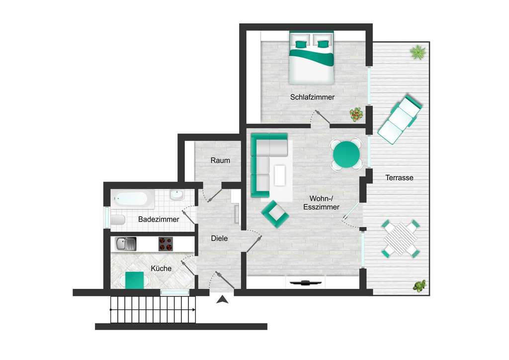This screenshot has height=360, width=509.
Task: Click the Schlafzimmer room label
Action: click(x=312, y=97)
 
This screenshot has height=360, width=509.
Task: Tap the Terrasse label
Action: click(x=399, y=178)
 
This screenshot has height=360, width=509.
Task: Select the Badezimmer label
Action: click(x=159, y=219)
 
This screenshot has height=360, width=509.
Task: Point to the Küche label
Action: click(x=161, y=269)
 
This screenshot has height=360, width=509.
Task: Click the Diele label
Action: click(x=219, y=239)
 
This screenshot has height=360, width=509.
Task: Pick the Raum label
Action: click(x=220, y=161)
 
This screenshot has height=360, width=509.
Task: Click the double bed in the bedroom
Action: click(x=312, y=57)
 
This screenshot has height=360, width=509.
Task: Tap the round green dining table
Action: click(x=346, y=154)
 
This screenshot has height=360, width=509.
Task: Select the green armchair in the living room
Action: click(x=275, y=213)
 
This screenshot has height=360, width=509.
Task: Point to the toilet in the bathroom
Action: click(x=117, y=220)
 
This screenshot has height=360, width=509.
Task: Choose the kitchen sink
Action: click(x=126, y=244)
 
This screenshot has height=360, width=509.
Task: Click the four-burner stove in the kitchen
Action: click(x=166, y=244)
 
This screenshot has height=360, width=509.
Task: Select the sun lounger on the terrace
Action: click(x=400, y=119)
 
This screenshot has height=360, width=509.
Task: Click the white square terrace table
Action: click(x=400, y=239)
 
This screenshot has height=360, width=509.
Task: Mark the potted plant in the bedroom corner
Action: click(x=356, y=115)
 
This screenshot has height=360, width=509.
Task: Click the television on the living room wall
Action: click(x=305, y=283)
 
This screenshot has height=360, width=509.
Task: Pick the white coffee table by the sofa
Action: click(x=280, y=175)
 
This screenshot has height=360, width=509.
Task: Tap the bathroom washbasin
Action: click(x=176, y=195)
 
